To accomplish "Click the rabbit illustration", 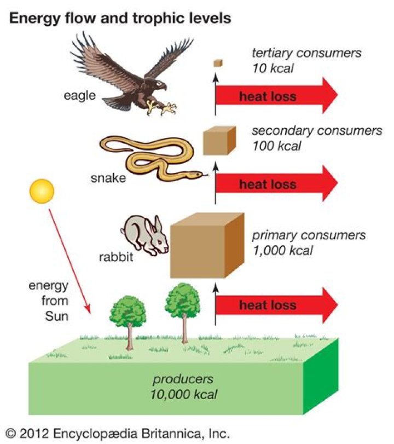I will click(x=145, y=235).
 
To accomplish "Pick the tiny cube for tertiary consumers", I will click(x=218, y=63).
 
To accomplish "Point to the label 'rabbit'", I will click(x=116, y=257).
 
